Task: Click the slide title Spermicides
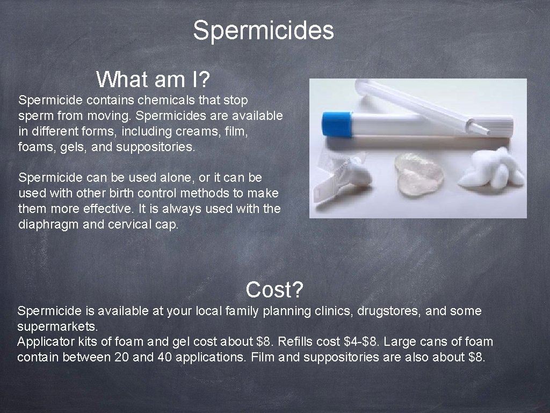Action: click(x=263, y=31)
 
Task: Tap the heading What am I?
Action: click(x=153, y=80)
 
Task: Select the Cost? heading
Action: click(x=274, y=290)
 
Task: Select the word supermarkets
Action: click(x=57, y=326)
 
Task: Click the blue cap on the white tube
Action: click(x=336, y=124)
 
